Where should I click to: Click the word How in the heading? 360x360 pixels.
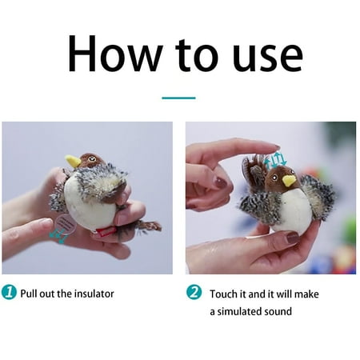(x=115, y=54)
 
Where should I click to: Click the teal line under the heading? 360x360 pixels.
(x=178, y=98)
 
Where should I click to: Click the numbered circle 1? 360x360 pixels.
(x=9, y=292)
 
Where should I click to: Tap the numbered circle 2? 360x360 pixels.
(x=194, y=292)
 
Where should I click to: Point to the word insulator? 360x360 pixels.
(x=94, y=294)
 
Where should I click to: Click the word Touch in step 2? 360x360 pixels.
(x=223, y=294)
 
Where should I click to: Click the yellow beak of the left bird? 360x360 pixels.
(x=73, y=161)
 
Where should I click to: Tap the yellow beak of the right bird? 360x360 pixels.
(x=289, y=181)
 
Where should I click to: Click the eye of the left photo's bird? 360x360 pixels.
(x=92, y=159)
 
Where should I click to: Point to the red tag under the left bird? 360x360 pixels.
(x=106, y=232)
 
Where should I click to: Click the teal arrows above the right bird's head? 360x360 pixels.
(x=275, y=159)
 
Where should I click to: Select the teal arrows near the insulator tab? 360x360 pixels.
(x=58, y=235)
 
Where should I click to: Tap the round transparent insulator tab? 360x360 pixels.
(x=66, y=224)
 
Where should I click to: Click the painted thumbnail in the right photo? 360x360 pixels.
(x=293, y=238)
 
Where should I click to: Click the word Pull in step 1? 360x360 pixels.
(x=29, y=294)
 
